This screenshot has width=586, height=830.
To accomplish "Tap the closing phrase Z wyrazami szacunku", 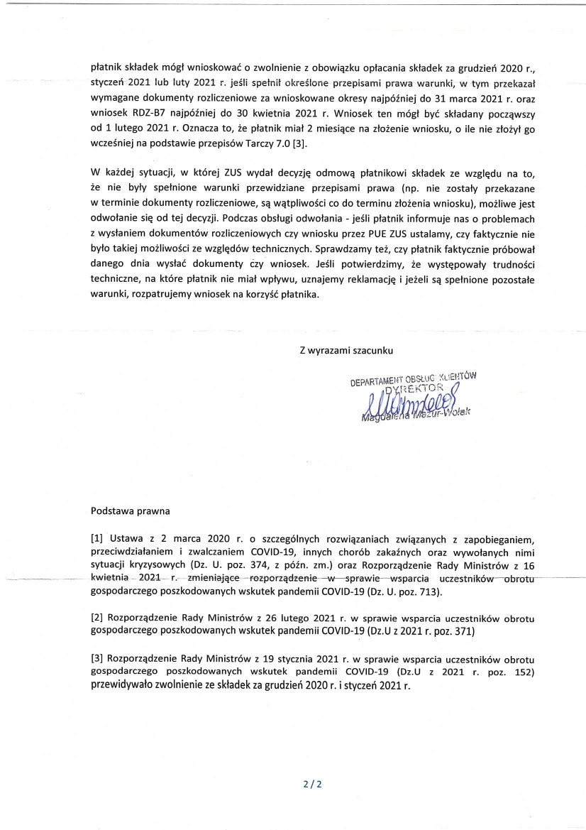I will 346,350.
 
